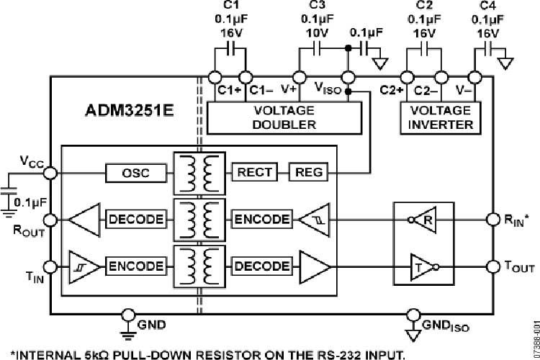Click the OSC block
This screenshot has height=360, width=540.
[135, 173]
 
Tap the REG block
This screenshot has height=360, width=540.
[308, 173]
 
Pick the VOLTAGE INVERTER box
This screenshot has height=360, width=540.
[441, 117]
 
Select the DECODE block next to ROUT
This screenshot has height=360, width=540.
[136, 219]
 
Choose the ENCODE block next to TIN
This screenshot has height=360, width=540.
[136, 266]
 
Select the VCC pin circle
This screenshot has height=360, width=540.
[50, 173]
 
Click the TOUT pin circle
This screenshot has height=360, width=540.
[492, 266]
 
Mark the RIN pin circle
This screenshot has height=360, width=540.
[492, 219]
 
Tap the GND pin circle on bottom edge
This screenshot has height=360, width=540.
[128, 315]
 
